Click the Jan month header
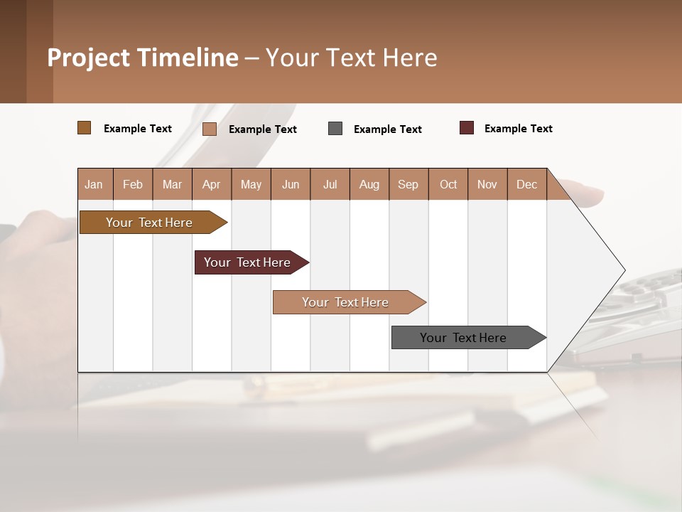(x=94, y=184)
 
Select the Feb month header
(x=133, y=184)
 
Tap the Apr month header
(x=212, y=184)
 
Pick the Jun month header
(x=291, y=184)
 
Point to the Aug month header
(x=369, y=184)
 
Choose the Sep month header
(x=408, y=184)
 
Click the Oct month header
(x=448, y=184)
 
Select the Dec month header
(x=527, y=184)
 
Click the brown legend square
(x=84, y=128)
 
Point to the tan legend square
(x=210, y=129)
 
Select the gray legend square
(x=335, y=129)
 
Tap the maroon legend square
(x=467, y=128)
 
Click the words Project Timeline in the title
(x=143, y=58)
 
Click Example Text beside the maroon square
(x=518, y=129)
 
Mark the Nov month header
(x=487, y=184)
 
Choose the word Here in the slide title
(x=410, y=58)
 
